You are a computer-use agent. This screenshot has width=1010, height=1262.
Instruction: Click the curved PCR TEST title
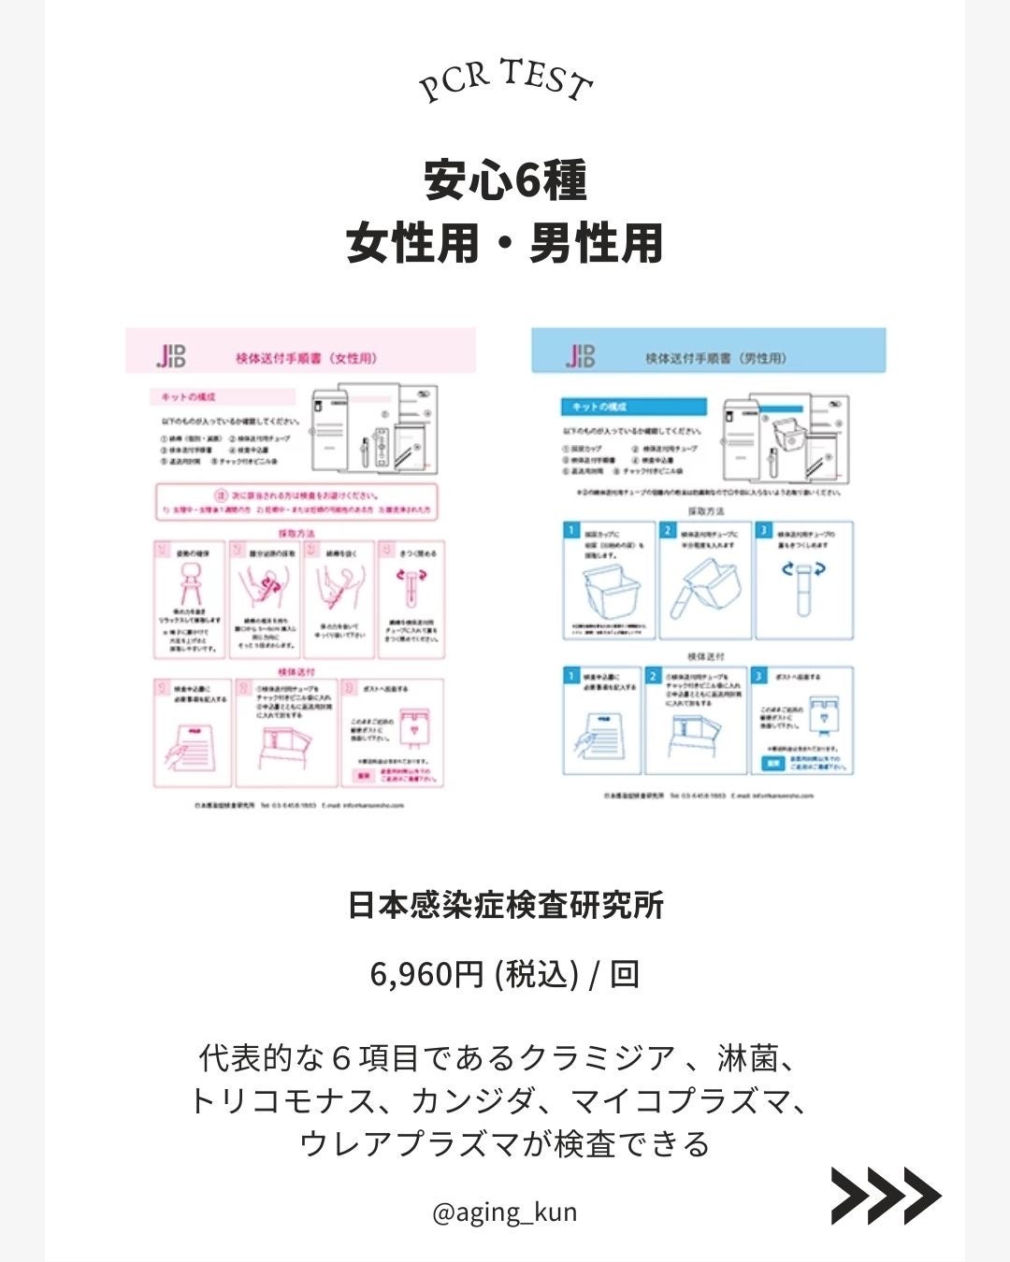point(505,79)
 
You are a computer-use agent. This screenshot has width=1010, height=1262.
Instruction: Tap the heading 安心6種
point(505,180)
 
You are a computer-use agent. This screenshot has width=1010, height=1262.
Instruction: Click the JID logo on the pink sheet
point(171,355)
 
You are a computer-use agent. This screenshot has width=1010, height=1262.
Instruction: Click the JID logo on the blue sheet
point(580,356)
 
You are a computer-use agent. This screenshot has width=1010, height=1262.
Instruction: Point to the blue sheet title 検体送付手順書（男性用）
point(715,358)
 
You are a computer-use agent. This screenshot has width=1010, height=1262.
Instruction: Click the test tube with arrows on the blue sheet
point(803,584)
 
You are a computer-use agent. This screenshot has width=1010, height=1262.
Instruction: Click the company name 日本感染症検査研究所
point(505,905)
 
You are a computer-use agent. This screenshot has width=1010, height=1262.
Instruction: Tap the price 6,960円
point(426,974)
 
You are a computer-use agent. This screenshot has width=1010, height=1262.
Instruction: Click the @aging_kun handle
point(505,1212)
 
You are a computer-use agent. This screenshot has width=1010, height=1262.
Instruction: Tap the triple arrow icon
point(885,1196)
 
